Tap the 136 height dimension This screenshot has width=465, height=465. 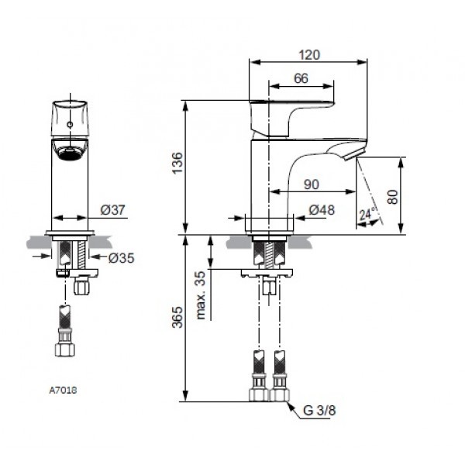coord(177,165)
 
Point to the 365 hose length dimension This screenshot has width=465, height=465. coord(177,318)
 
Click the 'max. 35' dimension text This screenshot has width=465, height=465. coord(201,295)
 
